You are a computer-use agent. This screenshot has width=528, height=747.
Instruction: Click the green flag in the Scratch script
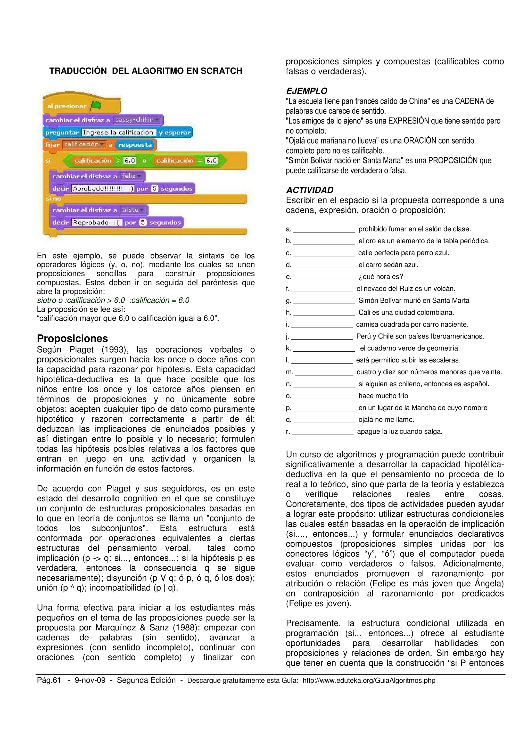point(96,105)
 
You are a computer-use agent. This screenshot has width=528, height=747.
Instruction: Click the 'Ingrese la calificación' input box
point(118,132)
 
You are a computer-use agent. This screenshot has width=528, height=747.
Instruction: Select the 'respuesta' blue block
point(135,145)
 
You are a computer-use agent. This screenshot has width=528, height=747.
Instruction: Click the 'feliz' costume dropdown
point(131,176)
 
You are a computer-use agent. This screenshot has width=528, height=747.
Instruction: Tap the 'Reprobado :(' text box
point(97,222)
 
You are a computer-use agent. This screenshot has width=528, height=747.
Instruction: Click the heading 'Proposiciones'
point(72,338)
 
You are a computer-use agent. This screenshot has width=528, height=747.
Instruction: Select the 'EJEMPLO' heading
point(307,91)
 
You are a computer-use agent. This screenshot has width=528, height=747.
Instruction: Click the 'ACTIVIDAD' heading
point(310,190)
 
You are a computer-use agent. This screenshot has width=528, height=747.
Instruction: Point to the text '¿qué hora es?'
point(381,277)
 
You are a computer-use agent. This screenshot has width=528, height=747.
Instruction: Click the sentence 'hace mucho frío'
point(383,396)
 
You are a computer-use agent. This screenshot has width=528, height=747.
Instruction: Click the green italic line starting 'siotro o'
point(113,300)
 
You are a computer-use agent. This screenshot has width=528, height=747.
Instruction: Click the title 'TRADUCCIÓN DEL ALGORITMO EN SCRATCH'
point(145,71)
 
